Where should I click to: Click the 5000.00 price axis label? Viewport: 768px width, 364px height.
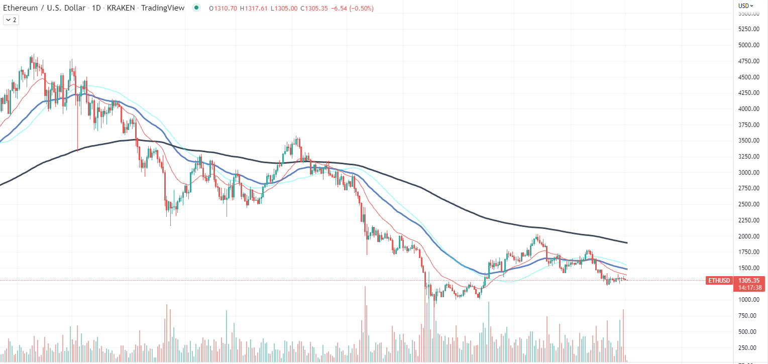pyautogui.click(x=747, y=45)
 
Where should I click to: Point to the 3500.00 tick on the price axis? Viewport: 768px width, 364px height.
pyautogui.click(x=747, y=141)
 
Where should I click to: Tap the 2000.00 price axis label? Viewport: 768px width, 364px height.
pyautogui.click(x=747, y=236)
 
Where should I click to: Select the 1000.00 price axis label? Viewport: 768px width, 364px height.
pyautogui.click(x=747, y=300)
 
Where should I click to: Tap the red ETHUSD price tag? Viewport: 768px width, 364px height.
pyautogui.click(x=718, y=280)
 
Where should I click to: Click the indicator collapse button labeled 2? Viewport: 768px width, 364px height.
pyautogui.click(x=11, y=20)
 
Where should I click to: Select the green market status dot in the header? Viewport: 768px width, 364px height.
pyautogui.click(x=196, y=8)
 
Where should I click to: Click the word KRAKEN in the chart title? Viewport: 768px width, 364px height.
pyautogui.click(x=119, y=8)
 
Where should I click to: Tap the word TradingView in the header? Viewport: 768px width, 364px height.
pyautogui.click(x=163, y=8)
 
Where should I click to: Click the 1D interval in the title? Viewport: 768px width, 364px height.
pyautogui.click(x=96, y=8)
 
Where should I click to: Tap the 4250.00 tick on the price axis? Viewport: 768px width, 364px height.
pyautogui.click(x=747, y=93)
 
